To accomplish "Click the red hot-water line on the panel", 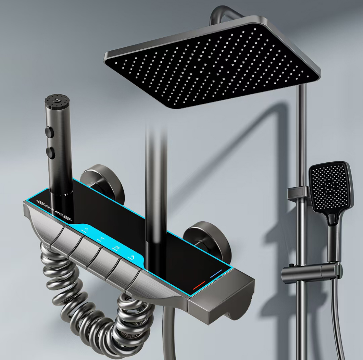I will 199,285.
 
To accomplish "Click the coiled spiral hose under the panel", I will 89,308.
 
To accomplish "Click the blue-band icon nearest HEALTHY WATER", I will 86,229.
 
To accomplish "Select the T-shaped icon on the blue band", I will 102,238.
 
